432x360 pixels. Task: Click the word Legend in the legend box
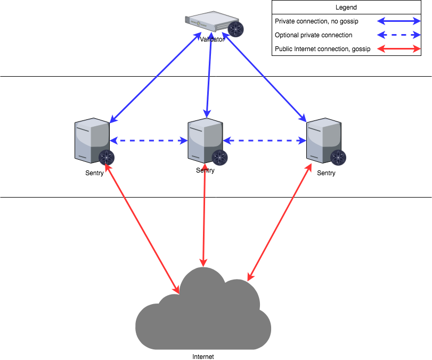coord(346,7)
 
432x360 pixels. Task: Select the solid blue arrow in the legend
coord(399,21)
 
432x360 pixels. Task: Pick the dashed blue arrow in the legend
coord(399,35)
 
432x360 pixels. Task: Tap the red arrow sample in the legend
coord(399,49)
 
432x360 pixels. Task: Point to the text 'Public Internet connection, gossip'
coord(322,49)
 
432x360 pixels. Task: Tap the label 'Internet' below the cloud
coord(203,357)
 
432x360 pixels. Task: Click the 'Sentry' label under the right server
coord(326,173)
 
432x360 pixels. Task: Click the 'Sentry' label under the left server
coord(94,173)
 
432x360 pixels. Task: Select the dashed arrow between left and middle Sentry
coord(149,141)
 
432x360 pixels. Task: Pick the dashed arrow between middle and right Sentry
coord(264,141)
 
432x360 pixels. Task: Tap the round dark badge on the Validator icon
coord(235,29)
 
